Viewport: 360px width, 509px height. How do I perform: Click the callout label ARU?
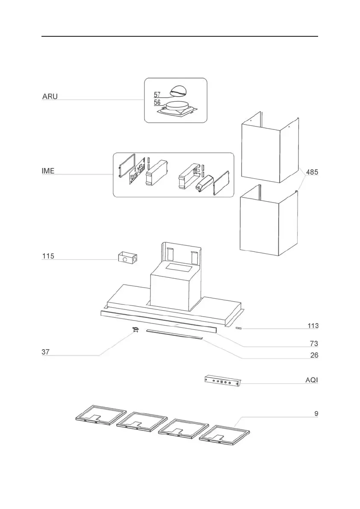(x=50, y=97)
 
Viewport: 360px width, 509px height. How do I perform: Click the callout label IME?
(x=48, y=171)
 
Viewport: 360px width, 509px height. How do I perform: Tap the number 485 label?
(x=312, y=172)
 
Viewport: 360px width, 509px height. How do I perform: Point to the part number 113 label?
(x=313, y=326)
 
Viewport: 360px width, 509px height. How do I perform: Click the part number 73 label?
(x=314, y=344)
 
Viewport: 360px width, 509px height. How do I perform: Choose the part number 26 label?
(x=314, y=355)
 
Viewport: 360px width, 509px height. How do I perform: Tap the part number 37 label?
(x=46, y=352)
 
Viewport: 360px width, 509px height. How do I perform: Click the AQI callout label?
(x=312, y=380)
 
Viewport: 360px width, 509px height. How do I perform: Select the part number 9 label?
(x=316, y=413)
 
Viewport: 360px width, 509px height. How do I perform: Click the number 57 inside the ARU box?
(x=157, y=94)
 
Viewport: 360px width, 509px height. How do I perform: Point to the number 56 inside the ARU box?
(x=157, y=103)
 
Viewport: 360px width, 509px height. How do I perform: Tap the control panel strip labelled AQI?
(x=223, y=381)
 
